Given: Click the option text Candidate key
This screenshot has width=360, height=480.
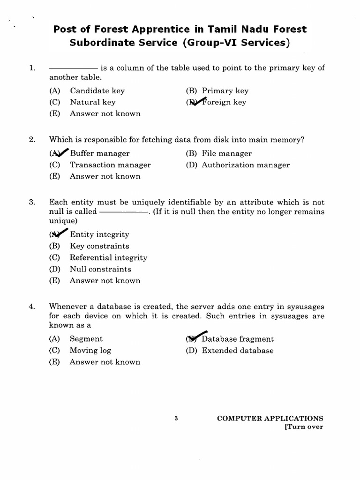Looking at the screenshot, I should [97, 91].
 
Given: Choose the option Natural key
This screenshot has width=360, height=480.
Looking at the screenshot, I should [92, 102].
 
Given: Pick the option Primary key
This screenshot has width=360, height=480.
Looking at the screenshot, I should [225, 91].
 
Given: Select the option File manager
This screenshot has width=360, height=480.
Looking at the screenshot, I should [226, 153].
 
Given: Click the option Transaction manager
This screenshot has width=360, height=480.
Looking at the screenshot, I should [110, 165].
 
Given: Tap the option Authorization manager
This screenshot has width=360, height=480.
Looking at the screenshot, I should [246, 165].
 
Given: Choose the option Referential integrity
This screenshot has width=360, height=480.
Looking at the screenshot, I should [108, 258].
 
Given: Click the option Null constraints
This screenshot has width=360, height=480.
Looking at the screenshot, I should [100, 270].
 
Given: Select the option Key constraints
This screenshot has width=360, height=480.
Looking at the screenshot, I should [99, 246].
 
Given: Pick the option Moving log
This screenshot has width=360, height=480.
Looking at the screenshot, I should [90, 351].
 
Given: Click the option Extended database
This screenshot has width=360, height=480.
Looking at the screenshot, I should [237, 351].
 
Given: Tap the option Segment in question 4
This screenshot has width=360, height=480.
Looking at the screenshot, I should [86, 339].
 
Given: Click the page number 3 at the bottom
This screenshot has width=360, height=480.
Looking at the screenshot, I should [176, 419].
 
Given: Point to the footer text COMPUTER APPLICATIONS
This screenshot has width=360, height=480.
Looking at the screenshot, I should [270, 419].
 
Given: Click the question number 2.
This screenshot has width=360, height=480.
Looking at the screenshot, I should [32, 139].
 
